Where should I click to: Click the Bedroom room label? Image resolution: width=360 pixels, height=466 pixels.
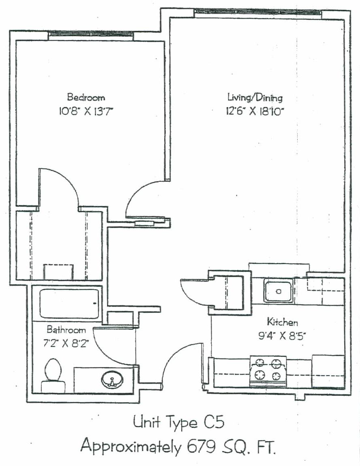coord(86,97)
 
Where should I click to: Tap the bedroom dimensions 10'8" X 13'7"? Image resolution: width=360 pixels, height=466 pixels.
coord(86,112)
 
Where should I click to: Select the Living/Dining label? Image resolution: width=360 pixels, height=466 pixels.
coord(255,98)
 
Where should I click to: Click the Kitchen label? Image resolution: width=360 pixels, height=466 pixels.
coord(282,322)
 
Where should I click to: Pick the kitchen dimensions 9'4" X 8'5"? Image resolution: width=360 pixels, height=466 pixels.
coord(282,335)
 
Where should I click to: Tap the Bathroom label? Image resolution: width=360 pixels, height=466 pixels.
coord(66,330)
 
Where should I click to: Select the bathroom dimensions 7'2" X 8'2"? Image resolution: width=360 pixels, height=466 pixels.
coord(66,343)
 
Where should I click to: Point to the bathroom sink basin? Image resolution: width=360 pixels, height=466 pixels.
coord(112,380)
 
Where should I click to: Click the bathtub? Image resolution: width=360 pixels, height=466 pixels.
coord(69,303)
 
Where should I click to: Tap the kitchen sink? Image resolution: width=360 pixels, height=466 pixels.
coord(279,291)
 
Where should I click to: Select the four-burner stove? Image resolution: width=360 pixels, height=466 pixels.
coord(268,371)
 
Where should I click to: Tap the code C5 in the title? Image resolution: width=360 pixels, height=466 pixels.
coord(214,422)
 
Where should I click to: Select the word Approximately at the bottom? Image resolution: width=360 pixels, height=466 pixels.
coord(131,447)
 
